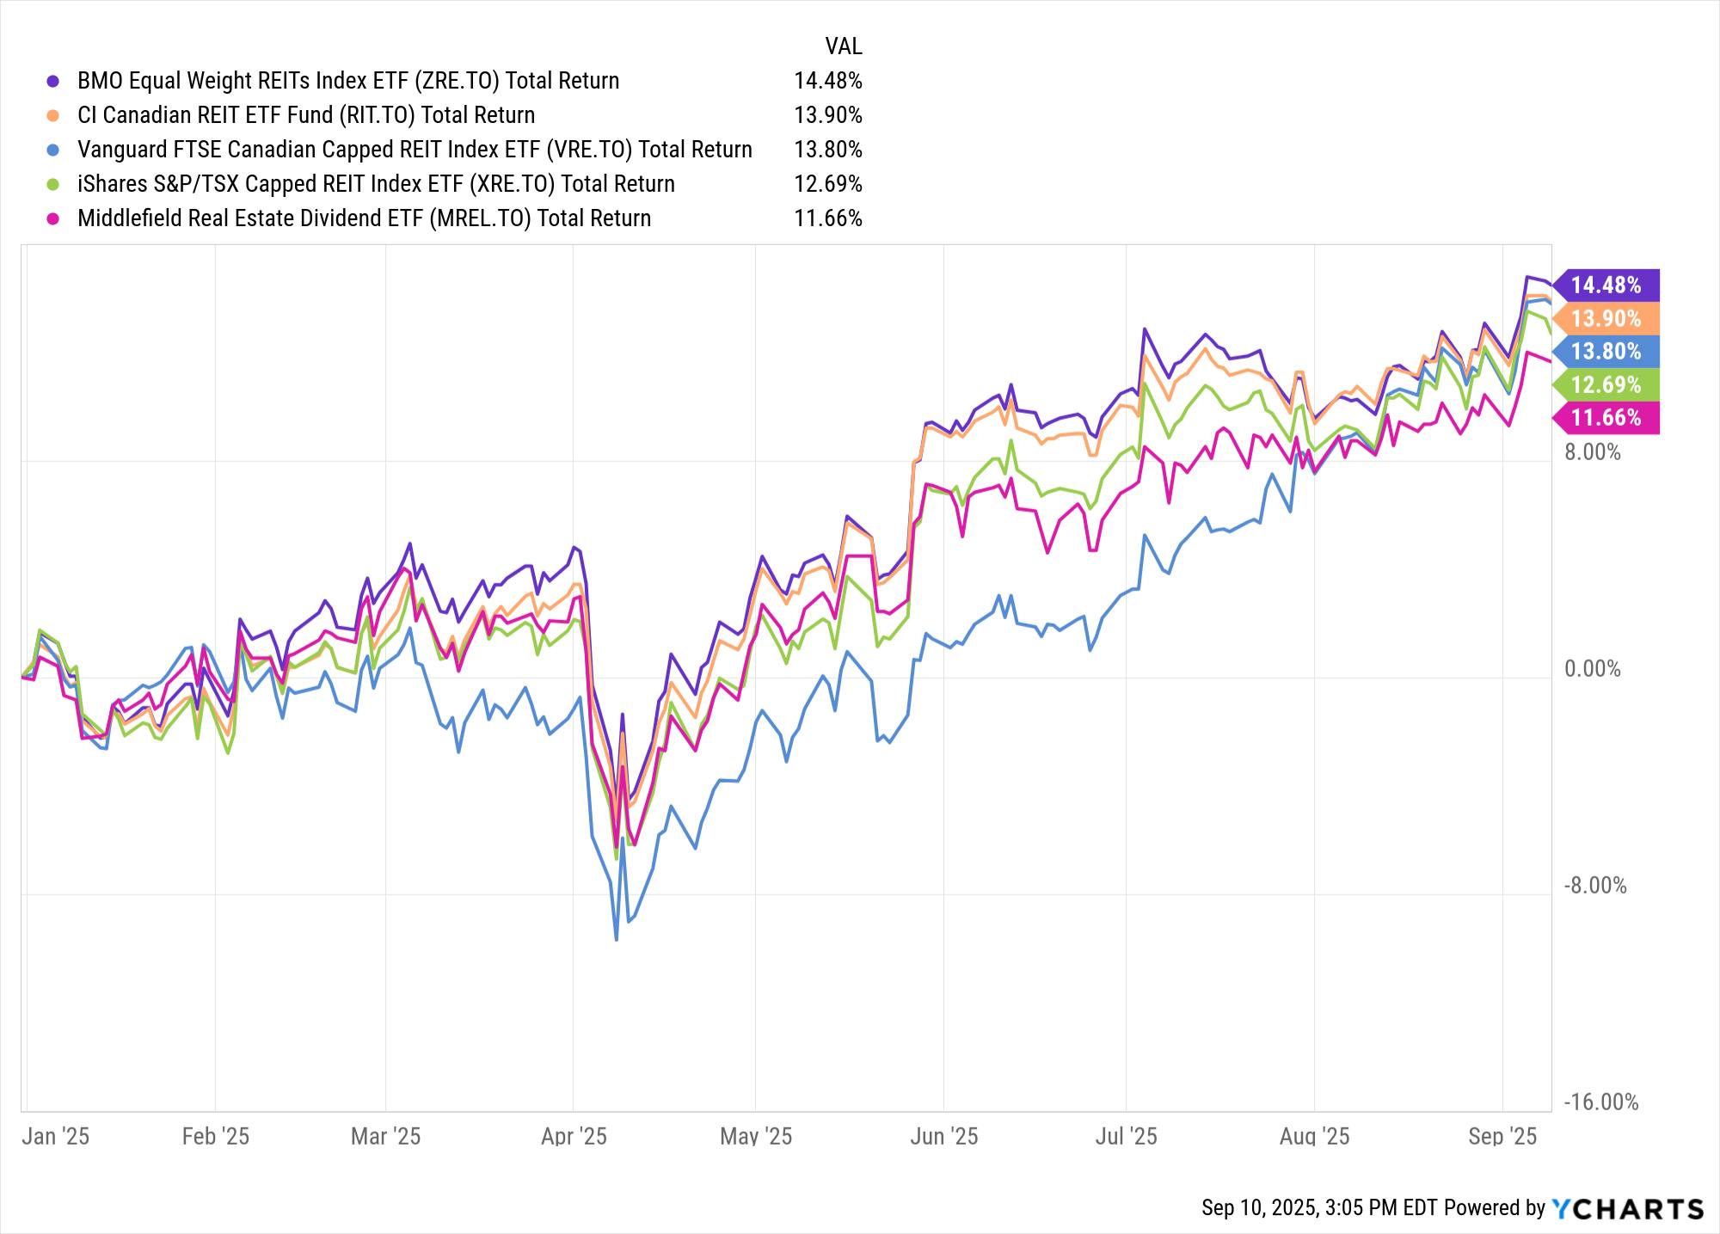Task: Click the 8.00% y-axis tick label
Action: pos(1592,452)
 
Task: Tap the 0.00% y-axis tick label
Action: pos(1592,669)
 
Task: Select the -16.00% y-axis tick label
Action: pos(1600,1102)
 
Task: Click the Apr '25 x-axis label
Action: pos(574,1136)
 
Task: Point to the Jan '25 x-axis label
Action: pos(55,1136)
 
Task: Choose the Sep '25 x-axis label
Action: pos(1502,1136)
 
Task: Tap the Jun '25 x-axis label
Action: pos(943,1136)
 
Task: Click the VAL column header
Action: pos(843,46)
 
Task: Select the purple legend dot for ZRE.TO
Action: pos(53,81)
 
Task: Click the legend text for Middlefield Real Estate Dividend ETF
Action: pos(364,218)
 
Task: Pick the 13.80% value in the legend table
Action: pos(827,150)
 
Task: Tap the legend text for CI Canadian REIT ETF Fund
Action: pos(306,115)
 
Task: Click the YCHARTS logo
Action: pos(1627,1208)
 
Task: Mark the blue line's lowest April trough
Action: pos(617,940)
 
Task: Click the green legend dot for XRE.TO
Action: pos(53,184)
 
